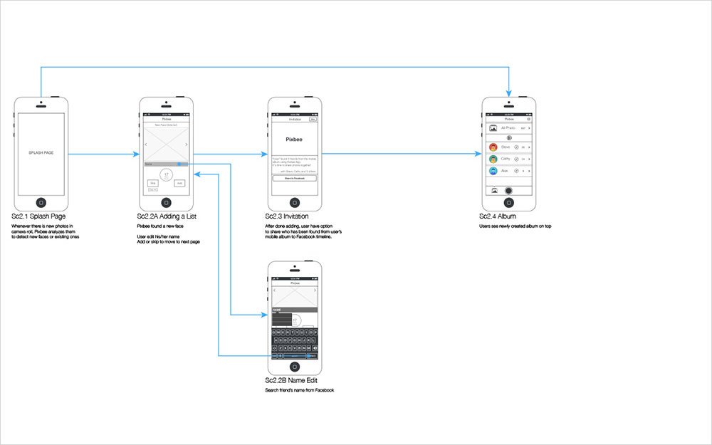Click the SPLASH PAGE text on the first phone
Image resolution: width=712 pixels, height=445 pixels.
[41, 153]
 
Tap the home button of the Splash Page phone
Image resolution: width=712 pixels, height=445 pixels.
[41, 201]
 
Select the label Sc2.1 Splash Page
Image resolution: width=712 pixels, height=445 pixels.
[38, 216]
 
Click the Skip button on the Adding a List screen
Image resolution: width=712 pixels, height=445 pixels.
[153, 183]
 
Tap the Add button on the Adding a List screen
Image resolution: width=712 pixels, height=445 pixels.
[179, 183]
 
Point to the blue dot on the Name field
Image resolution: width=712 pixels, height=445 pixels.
[179, 164]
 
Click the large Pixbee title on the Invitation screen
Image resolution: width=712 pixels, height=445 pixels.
[295, 140]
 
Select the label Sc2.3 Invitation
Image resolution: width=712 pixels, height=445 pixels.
[287, 216]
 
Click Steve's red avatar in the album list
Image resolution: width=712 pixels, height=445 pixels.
[493, 147]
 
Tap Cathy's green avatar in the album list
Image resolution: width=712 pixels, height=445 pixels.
[493, 159]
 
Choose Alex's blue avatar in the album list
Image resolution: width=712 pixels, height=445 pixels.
[493, 171]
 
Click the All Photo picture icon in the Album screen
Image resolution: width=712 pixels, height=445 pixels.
[493, 128]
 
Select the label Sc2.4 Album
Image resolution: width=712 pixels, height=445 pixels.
[498, 216]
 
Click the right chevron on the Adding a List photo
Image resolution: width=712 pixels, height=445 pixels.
[187, 145]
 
